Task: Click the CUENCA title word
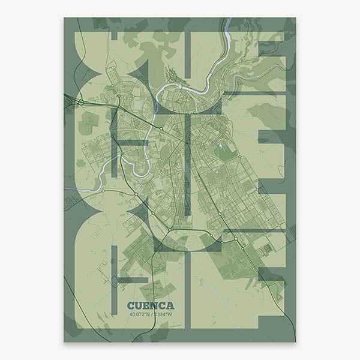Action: tap(151, 305)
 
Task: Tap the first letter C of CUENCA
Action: tap(131, 305)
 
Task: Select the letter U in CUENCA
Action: tap(139, 305)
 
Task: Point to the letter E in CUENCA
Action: tap(147, 305)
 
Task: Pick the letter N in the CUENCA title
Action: tap(154, 305)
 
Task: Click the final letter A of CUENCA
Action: tap(170, 305)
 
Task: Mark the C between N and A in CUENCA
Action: tap(162, 305)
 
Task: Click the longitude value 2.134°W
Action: tap(162, 313)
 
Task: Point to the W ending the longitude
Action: tap(170, 313)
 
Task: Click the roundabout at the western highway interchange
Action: tap(80, 103)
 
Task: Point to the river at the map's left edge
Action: tap(66, 191)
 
